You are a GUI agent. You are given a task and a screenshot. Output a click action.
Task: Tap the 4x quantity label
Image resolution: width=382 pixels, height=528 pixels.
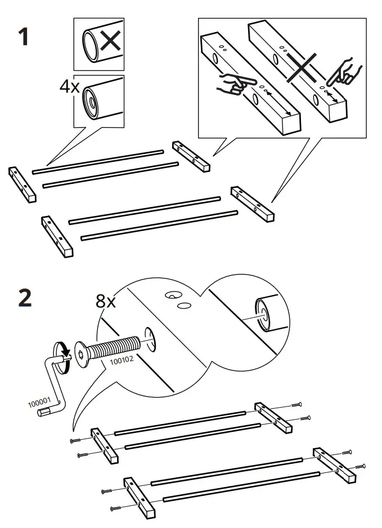tap(70, 87)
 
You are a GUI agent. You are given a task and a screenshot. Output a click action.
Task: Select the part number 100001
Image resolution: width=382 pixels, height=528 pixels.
tap(39, 403)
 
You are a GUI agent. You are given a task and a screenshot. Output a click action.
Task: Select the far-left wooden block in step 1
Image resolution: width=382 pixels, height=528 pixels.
tap(23, 184)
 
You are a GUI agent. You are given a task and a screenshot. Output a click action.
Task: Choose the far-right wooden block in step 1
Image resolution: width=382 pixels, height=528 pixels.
tap(252, 202)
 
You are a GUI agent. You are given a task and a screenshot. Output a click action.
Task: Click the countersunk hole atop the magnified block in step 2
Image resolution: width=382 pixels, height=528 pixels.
tap(171, 295)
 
